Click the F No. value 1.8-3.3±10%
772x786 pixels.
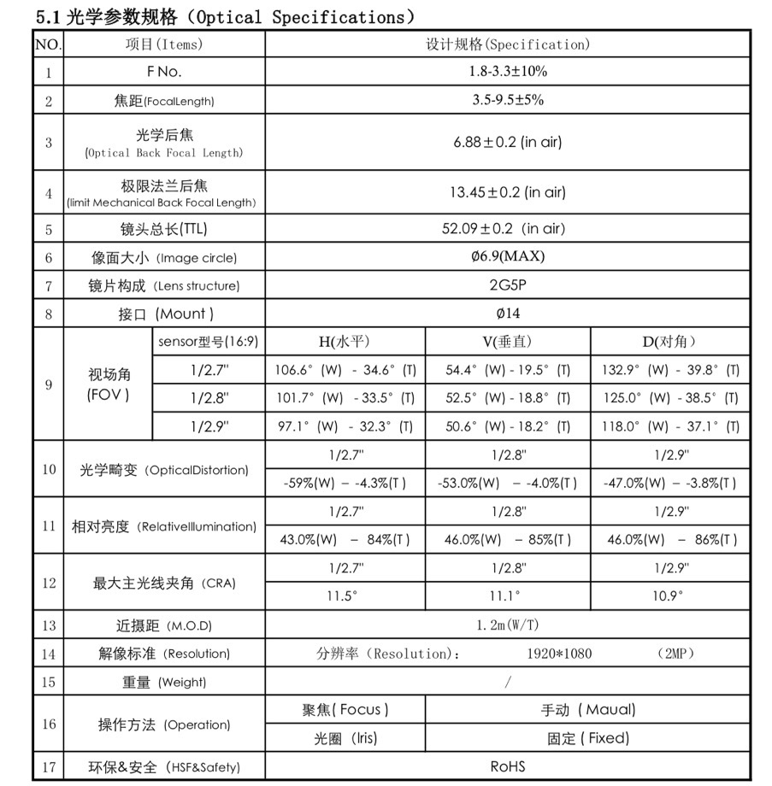pos(508,71)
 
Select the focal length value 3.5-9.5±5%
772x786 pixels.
pos(508,100)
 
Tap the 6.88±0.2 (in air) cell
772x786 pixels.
pos(508,142)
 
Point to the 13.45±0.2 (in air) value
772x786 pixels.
pos(508,192)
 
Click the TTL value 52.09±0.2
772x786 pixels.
pos(508,229)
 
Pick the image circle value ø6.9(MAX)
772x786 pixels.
pos(508,256)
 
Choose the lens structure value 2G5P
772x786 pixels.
pos(508,285)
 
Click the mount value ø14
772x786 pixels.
pos(508,314)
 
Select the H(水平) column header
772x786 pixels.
pos(345,342)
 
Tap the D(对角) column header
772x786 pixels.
pos(669,342)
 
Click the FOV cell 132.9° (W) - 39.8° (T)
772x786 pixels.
pos(669,370)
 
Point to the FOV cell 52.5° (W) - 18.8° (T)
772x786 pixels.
pos(508,398)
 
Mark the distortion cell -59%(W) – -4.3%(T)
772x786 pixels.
pos(345,483)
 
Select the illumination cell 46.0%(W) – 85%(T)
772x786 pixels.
pos(508,539)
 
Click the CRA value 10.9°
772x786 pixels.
pos(669,596)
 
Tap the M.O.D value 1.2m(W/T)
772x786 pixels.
pos(508,625)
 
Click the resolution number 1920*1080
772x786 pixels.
pos(559,654)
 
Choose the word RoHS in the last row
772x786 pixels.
pos(508,766)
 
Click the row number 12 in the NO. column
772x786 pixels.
pos(49,583)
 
